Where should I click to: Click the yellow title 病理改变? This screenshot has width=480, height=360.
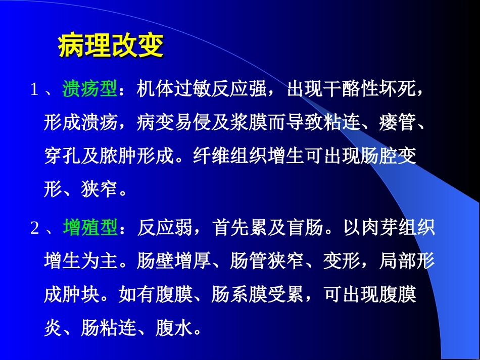click(111, 46)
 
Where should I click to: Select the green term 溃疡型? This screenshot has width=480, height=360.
click(90, 90)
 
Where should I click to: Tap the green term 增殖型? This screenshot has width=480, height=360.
click(90, 228)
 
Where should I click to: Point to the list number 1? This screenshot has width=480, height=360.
click(34, 90)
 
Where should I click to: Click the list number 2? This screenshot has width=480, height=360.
click(34, 229)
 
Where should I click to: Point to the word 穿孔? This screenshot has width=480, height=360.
click(63, 157)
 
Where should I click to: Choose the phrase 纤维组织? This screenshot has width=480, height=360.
click(230, 157)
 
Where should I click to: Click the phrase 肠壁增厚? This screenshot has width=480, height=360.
click(175, 261)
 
